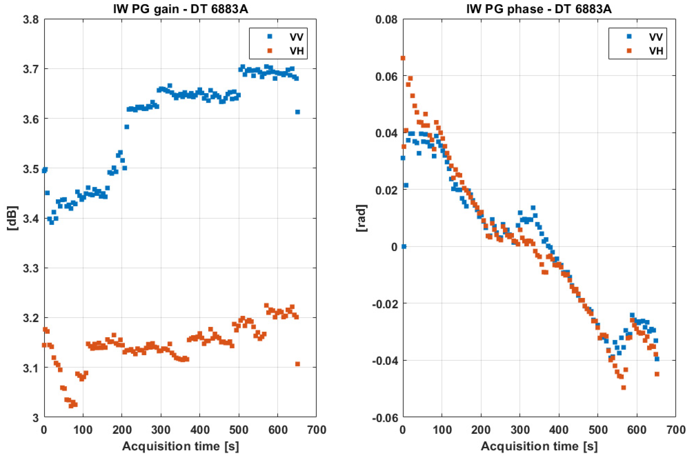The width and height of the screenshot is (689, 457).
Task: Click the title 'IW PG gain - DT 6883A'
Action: tap(180, 9)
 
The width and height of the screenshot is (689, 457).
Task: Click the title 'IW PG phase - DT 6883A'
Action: tap(539, 9)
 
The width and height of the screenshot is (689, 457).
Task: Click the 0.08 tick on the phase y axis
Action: tap(386, 20)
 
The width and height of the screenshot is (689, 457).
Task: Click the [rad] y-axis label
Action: tap(362, 218)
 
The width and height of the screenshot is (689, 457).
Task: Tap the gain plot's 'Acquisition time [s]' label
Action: tap(180, 446)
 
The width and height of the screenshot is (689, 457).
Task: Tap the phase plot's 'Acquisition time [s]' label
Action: tap(539, 446)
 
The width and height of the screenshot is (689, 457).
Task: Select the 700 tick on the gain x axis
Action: tap(316, 430)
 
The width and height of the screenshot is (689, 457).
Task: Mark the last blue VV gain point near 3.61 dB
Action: tap(297, 112)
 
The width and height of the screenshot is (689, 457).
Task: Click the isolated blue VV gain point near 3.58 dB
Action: tap(127, 127)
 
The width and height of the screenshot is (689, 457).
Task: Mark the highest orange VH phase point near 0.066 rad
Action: tap(403, 58)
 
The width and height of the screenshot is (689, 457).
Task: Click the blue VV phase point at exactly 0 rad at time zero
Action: tap(404, 246)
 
